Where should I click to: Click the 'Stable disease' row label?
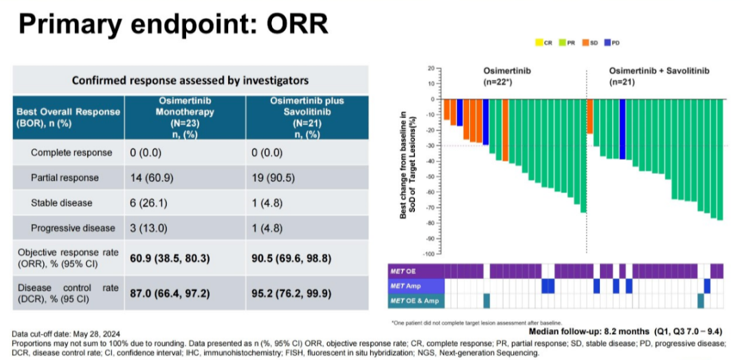62,203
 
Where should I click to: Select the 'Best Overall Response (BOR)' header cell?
69,116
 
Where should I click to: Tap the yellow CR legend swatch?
538,43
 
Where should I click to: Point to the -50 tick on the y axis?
431,177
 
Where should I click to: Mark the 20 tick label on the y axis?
431,68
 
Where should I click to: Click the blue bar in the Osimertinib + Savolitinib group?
622,129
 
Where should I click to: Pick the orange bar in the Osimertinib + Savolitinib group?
589,116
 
